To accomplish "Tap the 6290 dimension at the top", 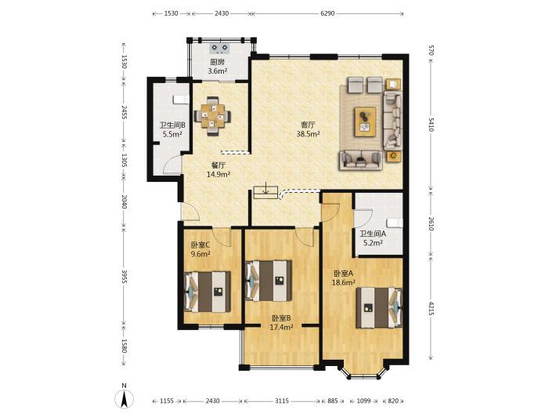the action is [327, 13].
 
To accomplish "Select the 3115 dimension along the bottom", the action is [282, 401].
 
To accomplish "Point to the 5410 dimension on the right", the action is [431, 125].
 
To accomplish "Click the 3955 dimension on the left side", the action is [124, 277].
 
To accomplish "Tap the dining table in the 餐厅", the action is [212, 116].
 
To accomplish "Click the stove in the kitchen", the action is [219, 48].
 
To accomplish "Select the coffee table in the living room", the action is [365, 121].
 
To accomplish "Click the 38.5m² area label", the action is [308, 134].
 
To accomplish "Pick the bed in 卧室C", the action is [207, 292].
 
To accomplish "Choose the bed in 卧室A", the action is [379, 308].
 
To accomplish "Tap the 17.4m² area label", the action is [282, 327].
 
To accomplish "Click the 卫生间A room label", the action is [373, 234].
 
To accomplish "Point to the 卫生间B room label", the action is [172, 125].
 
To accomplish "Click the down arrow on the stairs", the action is [265, 188].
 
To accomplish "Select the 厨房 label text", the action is [218, 62].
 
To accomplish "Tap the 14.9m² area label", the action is [218, 174].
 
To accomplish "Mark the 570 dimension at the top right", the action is [431, 50].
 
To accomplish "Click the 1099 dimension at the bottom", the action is [363, 401].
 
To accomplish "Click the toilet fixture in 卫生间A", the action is [395, 223].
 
